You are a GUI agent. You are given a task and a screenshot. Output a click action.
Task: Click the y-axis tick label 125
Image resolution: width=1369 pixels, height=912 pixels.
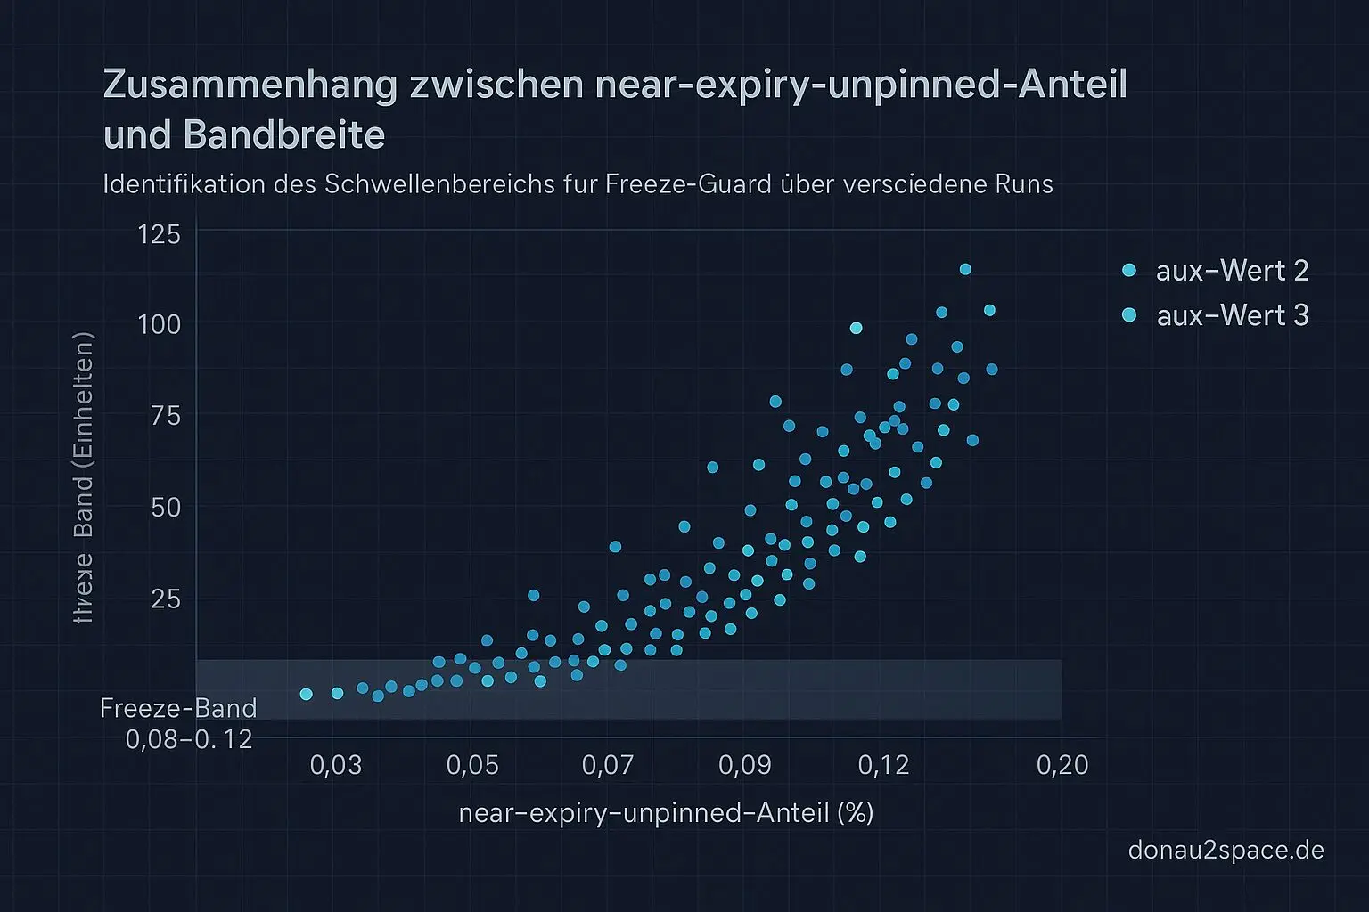[x=160, y=234]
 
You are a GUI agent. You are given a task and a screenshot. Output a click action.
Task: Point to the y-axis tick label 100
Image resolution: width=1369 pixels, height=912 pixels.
[x=160, y=324]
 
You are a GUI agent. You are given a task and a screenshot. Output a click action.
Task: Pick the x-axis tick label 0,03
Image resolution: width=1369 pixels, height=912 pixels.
[x=336, y=765]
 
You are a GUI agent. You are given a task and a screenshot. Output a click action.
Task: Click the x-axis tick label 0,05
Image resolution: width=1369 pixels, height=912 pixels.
[x=472, y=765]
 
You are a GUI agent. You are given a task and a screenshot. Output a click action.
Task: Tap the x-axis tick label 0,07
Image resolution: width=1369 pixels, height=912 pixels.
[x=608, y=765]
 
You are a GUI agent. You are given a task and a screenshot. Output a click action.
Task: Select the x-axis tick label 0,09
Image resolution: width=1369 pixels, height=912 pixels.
[x=744, y=765]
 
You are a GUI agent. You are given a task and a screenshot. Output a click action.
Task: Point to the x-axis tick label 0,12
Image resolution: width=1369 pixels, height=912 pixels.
[x=883, y=765]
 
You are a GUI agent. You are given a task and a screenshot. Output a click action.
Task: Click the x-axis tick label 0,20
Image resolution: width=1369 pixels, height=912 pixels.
[x=1062, y=765]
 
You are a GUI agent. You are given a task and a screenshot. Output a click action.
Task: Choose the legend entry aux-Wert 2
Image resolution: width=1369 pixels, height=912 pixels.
[x=1232, y=271]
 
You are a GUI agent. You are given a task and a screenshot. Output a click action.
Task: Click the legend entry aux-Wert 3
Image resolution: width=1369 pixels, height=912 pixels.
[x=1232, y=315]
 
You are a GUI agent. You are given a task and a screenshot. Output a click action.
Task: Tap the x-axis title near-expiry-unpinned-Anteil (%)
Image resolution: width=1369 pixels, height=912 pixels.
[x=666, y=812]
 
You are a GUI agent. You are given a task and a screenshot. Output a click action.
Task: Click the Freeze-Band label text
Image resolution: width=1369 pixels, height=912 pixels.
[x=178, y=709]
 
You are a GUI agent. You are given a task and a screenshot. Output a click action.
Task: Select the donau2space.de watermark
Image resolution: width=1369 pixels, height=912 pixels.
[x=1226, y=850]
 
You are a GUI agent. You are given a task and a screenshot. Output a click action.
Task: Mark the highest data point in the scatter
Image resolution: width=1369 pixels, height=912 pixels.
[x=964, y=270]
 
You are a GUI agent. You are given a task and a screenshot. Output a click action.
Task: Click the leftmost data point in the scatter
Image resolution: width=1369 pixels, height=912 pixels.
[x=306, y=694]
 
